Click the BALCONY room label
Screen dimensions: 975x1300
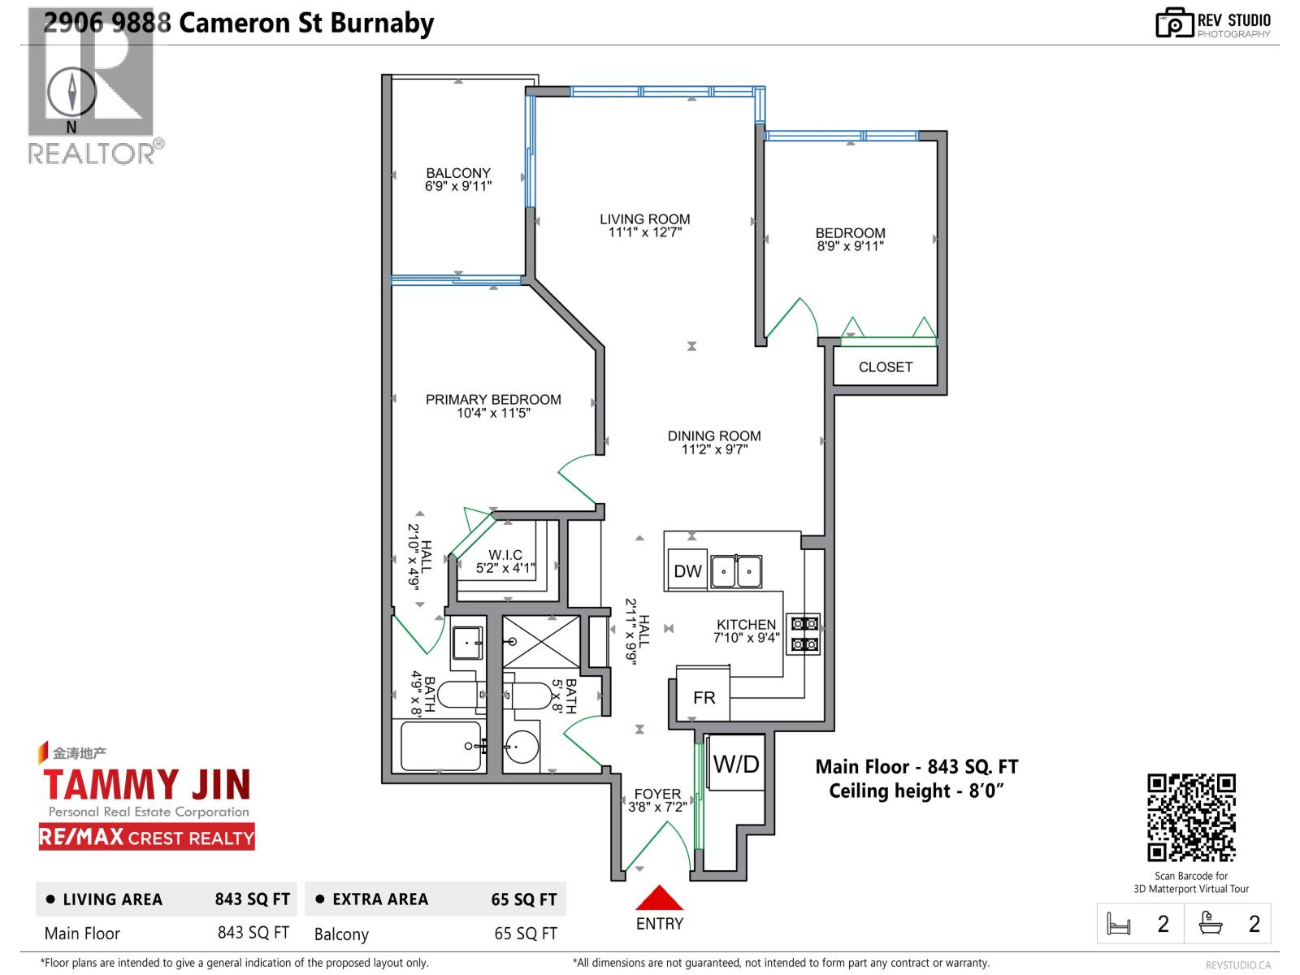[x=458, y=173]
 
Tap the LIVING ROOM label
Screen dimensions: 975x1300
[x=644, y=219]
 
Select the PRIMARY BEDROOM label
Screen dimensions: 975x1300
[x=493, y=400]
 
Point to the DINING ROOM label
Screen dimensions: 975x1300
[x=714, y=436]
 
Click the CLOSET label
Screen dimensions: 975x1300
[x=885, y=367]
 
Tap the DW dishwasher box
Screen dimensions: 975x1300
[x=687, y=571]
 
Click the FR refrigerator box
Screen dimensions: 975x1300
[x=704, y=697]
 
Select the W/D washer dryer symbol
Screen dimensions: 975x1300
[x=736, y=764]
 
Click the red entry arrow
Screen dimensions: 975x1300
[x=659, y=898]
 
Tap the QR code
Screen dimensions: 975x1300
[x=1191, y=818]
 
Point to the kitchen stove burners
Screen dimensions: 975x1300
[x=804, y=634]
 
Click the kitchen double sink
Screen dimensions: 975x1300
[x=736, y=571]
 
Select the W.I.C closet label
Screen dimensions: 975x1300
[x=505, y=556]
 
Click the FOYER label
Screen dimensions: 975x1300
[x=657, y=794]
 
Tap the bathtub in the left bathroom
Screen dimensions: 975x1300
[x=441, y=746]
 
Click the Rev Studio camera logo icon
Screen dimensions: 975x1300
[x=1173, y=23]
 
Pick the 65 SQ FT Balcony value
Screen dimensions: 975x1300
[x=525, y=934]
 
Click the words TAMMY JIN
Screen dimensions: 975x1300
[x=146, y=785]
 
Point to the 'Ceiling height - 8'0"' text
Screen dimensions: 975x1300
[x=916, y=791]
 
